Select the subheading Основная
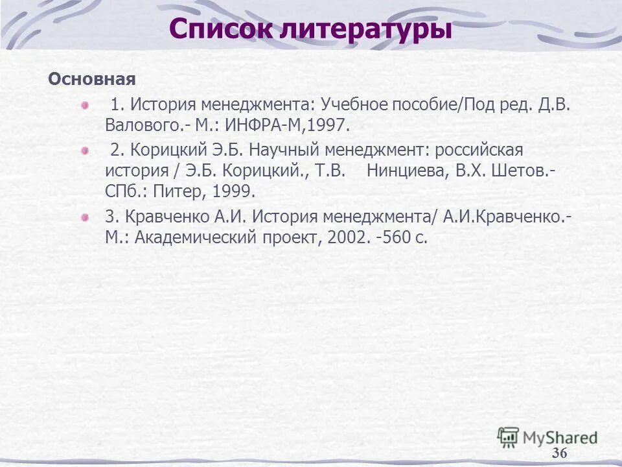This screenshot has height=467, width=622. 92,80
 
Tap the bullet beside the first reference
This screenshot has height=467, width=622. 84,104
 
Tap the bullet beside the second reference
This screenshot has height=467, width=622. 84,150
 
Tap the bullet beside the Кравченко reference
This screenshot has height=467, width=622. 84,217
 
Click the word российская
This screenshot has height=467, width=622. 479,150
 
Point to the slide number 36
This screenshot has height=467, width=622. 559,453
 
